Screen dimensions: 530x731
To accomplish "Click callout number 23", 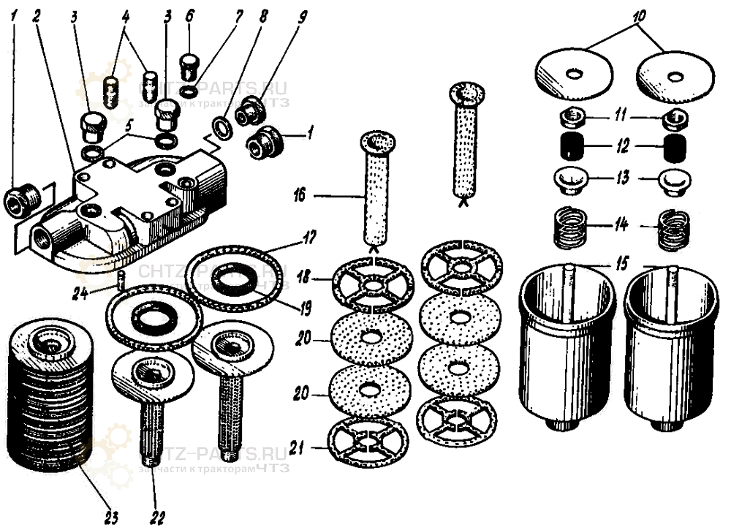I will click(x=111, y=518).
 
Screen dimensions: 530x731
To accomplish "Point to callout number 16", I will click(x=300, y=196).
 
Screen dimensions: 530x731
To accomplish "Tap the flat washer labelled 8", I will click(x=222, y=125).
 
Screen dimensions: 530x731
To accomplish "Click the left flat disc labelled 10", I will click(x=575, y=75).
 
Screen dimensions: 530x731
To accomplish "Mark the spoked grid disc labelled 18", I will click(x=372, y=282).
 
